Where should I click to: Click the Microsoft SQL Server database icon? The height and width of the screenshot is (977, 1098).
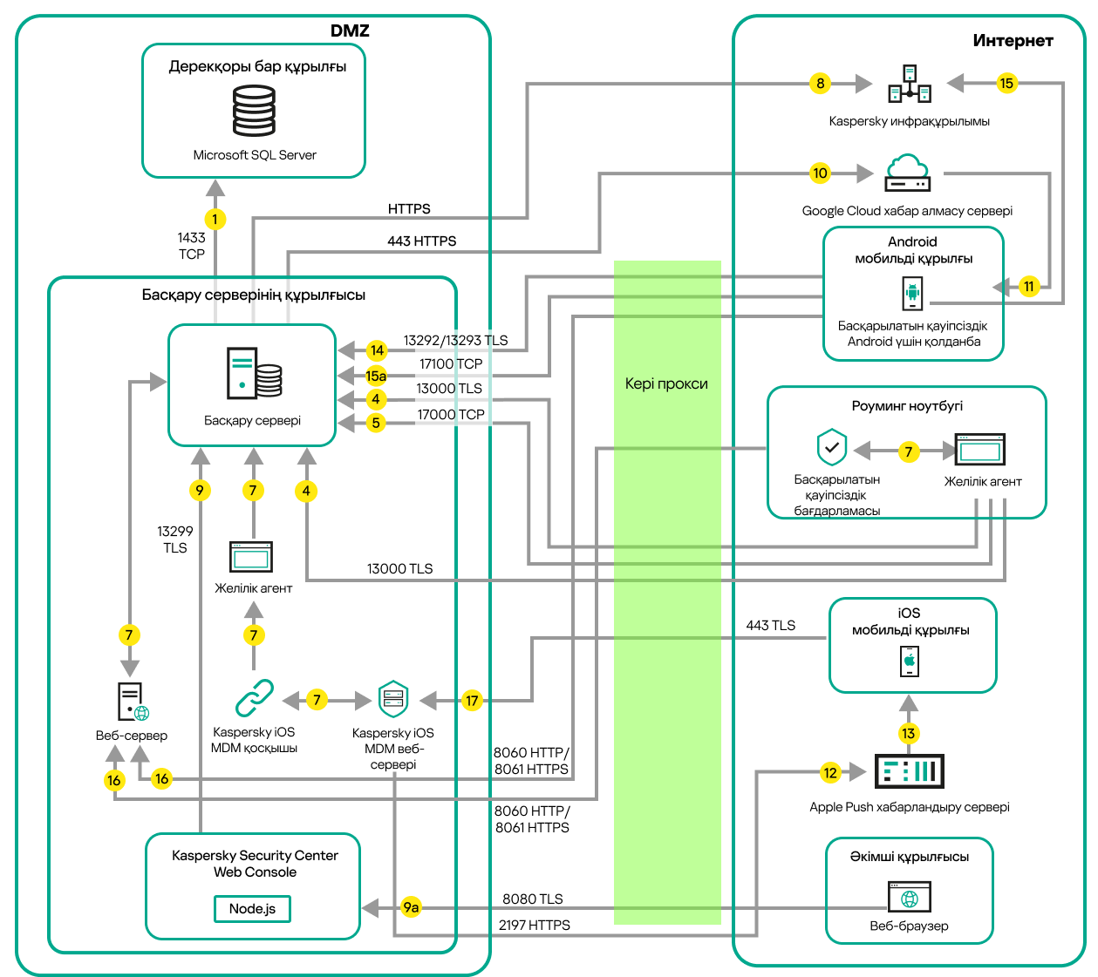(254, 111)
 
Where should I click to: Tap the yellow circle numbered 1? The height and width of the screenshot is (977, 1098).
(215, 220)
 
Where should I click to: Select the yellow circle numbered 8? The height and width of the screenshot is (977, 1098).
(820, 84)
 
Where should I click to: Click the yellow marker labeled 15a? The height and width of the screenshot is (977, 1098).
(376, 376)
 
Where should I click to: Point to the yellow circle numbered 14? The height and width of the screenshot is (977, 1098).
(377, 350)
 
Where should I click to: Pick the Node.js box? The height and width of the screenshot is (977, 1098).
(252, 908)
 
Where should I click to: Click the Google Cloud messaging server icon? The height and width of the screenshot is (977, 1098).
(907, 173)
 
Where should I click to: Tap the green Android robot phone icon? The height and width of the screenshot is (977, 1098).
(912, 293)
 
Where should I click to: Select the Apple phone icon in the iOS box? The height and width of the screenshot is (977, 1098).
(910, 662)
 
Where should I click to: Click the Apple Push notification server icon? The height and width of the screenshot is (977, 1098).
(909, 771)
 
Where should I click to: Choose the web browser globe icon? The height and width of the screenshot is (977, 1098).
(910, 897)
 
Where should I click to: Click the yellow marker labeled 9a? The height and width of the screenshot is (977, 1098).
(411, 907)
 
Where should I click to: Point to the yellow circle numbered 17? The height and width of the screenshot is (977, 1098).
(472, 700)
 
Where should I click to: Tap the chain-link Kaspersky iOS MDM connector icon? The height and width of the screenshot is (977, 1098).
(254, 698)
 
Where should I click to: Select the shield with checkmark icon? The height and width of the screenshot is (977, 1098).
(832, 448)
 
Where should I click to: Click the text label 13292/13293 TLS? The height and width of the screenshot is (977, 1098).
(455, 340)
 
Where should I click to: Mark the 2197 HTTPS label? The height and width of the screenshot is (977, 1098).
(534, 925)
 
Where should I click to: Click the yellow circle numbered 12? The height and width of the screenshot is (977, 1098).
(830, 772)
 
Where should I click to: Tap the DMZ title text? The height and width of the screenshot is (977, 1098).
(350, 31)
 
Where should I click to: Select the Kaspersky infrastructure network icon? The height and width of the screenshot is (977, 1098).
(910, 84)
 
